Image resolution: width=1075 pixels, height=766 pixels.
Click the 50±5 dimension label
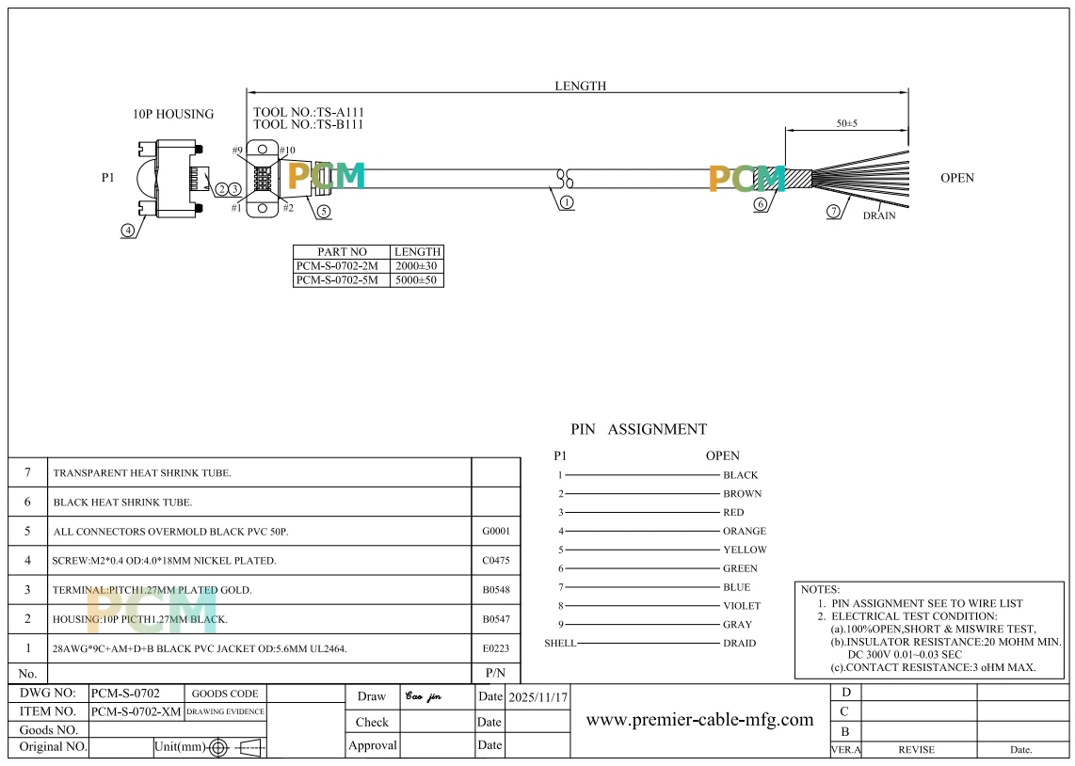point(846,123)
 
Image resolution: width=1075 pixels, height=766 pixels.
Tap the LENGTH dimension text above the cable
point(580,86)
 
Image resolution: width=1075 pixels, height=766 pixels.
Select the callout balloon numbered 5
point(323,212)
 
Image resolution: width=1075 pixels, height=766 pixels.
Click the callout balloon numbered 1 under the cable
point(567,202)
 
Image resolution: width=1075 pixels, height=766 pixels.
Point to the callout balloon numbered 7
point(833,211)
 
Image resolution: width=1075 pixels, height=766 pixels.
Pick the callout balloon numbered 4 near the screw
point(128,231)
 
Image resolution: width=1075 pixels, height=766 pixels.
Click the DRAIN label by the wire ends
point(879,215)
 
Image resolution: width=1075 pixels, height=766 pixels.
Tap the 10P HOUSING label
point(173,114)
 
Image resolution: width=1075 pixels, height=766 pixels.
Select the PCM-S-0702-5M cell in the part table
point(337,280)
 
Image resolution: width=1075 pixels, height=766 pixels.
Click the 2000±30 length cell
point(416,265)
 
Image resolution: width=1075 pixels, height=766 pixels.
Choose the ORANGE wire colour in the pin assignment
point(745,531)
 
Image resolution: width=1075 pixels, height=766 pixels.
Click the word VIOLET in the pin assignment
point(742,606)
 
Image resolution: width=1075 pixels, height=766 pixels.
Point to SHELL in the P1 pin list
point(560,644)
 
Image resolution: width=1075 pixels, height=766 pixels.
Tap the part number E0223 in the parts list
point(496,648)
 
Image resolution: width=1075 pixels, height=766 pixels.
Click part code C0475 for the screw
point(496,561)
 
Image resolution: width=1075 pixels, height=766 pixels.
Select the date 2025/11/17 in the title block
point(538,697)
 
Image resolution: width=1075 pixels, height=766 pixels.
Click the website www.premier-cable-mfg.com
point(700,719)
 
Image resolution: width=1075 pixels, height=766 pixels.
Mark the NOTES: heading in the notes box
point(820,589)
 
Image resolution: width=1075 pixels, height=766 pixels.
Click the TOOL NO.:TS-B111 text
point(309,124)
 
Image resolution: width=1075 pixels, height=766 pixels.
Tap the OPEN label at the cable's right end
point(957,178)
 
